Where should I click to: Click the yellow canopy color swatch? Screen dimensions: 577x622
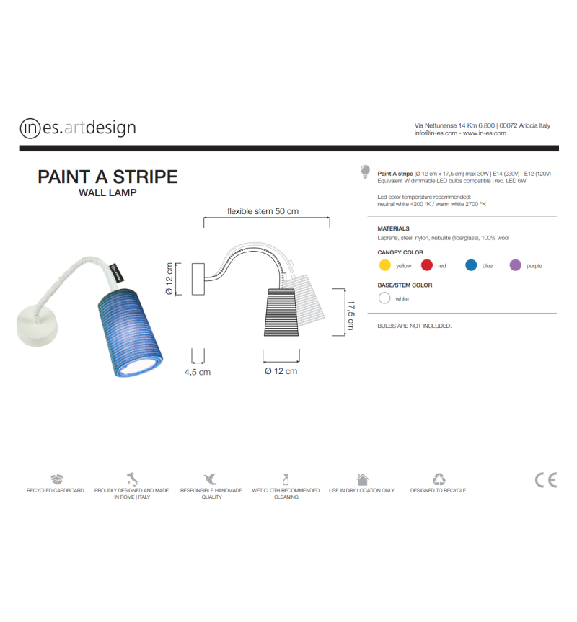point(384,265)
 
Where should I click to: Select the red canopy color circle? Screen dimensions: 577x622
point(426,265)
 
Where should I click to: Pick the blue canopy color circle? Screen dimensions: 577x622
point(471,265)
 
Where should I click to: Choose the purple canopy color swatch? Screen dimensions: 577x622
point(515,265)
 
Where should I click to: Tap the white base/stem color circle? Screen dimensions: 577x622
point(384,298)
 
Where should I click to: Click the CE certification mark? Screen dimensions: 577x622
point(546,480)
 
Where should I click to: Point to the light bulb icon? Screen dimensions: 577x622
point(365,172)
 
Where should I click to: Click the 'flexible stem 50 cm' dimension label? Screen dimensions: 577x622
point(263,211)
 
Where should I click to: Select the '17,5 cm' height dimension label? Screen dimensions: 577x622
point(351,315)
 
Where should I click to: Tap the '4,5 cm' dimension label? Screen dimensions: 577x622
point(198,372)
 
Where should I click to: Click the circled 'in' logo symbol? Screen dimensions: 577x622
point(30,128)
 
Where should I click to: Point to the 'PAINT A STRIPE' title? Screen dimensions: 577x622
point(107,177)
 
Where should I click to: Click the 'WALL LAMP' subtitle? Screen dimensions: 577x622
point(107,192)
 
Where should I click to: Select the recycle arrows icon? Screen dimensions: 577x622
point(439,479)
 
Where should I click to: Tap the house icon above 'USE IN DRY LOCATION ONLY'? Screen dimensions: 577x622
point(362,479)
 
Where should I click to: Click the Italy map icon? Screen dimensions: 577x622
point(133,479)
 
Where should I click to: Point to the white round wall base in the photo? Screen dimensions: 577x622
point(37,325)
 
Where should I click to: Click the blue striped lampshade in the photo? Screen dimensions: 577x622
point(130,332)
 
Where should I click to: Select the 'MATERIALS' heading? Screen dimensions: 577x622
point(393,228)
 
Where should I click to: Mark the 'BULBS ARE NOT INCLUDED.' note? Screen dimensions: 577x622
point(414,326)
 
